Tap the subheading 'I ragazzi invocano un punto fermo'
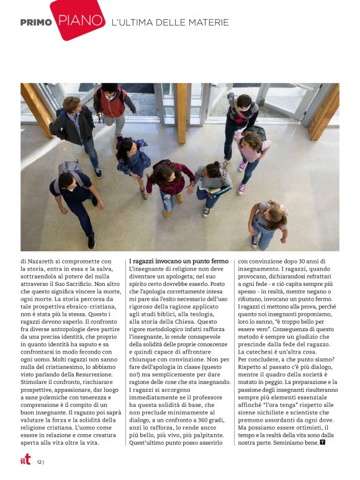point(179,262)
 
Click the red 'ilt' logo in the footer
point(25,460)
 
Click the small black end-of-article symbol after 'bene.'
point(323,443)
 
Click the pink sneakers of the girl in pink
point(242,178)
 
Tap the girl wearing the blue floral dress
point(133,161)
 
